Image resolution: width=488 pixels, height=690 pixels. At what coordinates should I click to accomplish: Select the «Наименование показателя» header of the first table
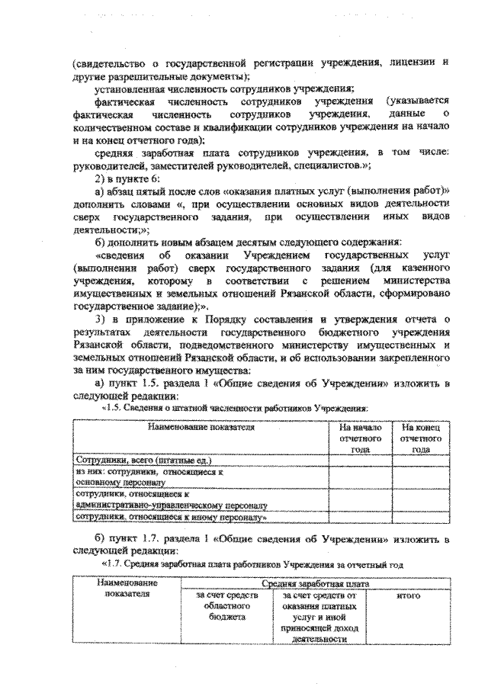pos(201,428)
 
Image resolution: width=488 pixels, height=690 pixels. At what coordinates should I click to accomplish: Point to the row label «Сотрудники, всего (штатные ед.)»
pos(142,462)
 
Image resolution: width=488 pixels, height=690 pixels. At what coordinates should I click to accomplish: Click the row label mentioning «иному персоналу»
pos(169,518)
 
